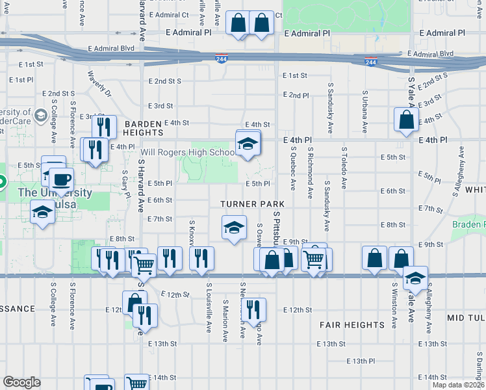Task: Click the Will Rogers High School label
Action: coord(188,153)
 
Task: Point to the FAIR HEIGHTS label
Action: coord(352,324)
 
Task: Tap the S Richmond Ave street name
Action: coord(312,175)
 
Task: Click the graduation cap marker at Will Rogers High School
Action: coord(248,144)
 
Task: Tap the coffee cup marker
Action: coord(62,179)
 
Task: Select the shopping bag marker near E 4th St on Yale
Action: coord(406,120)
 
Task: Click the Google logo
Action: coord(22,382)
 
